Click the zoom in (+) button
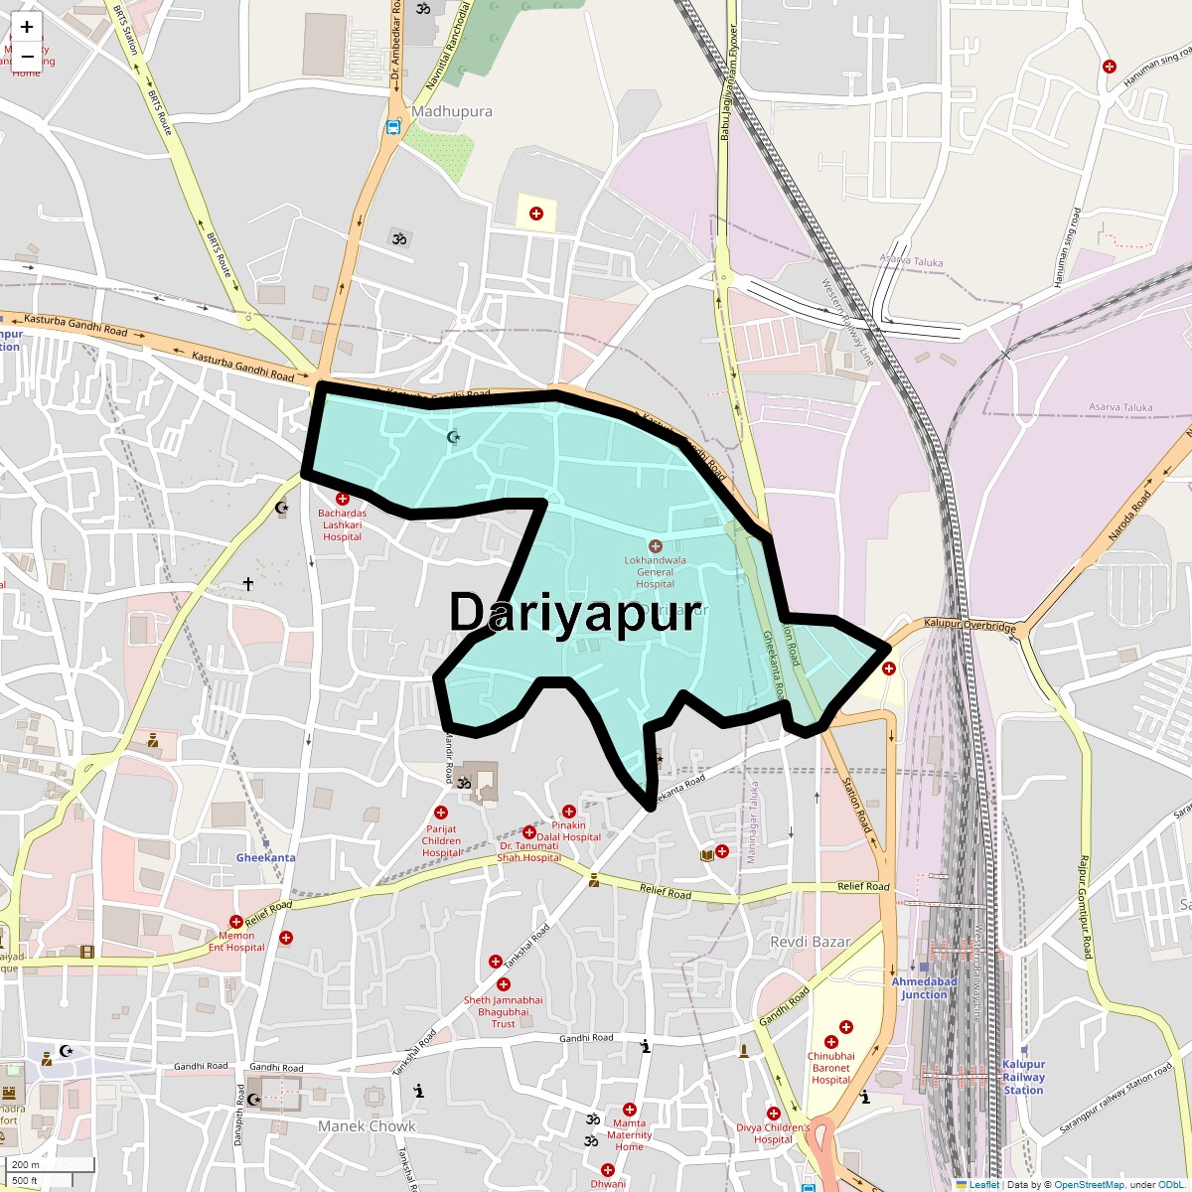coord(27,28)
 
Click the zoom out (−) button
coord(27,57)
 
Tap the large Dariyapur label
coord(575,613)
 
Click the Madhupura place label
coord(451,111)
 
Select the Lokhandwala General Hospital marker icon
coord(655,546)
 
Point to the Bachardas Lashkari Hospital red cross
coord(343,499)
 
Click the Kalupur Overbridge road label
coord(969,627)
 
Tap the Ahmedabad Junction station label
coord(924,987)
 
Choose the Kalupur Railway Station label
coord(1023,1077)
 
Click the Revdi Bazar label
coord(811,941)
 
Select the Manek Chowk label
coord(367,1125)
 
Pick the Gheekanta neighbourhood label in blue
coord(265,857)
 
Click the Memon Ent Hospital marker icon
coord(236,922)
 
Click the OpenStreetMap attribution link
coord(1089,1184)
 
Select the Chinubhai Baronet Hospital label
coord(830,1068)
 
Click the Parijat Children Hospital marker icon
coord(441,813)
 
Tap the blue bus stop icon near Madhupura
coord(393,127)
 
